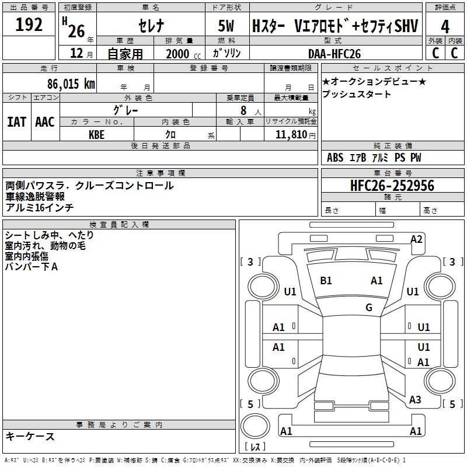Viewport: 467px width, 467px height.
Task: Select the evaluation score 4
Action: point(445,26)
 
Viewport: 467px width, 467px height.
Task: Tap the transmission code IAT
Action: point(16,122)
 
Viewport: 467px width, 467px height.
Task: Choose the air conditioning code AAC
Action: point(45,122)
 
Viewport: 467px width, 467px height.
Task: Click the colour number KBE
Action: point(96,135)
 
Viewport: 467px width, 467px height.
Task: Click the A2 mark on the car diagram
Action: point(416,239)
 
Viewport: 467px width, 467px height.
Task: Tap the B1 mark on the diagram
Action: point(326,281)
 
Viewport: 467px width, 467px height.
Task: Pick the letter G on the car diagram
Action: point(369,308)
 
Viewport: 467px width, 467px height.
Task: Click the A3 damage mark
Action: point(415,400)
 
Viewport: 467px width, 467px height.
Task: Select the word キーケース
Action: point(30,437)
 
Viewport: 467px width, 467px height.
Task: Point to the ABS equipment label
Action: point(335,158)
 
